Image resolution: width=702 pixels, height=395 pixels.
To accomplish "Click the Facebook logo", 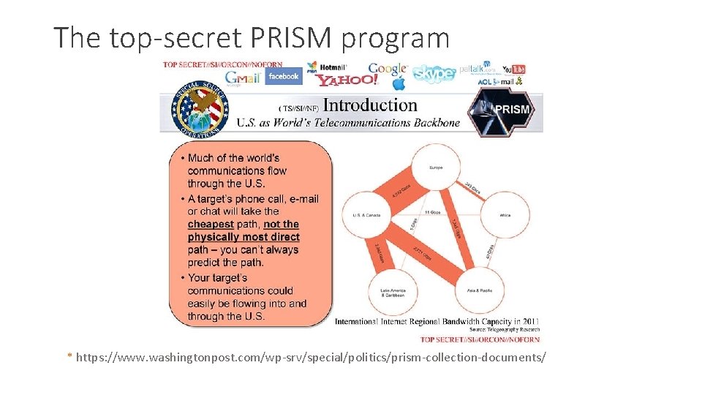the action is click(x=283, y=76).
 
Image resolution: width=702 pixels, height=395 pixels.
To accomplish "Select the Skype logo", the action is click(x=434, y=73).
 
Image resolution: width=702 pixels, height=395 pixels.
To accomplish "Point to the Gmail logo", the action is click(x=243, y=78).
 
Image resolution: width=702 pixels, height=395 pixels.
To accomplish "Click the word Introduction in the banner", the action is click(x=370, y=105).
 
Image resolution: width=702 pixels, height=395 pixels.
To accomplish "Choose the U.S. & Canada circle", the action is click(x=367, y=216).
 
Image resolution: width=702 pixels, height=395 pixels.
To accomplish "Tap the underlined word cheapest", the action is click(x=211, y=225).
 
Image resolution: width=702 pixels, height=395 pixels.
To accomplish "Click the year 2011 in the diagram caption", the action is click(x=530, y=322).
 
